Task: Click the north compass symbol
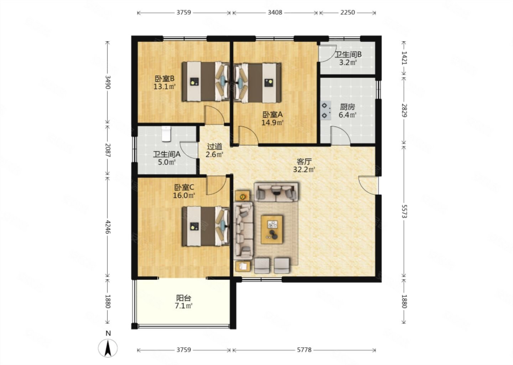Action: (x=108, y=345)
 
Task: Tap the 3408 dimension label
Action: (x=275, y=12)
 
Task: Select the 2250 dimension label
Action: (x=347, y=12)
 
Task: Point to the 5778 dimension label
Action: (x=304, y=350)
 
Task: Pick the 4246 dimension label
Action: (x=108, y=227)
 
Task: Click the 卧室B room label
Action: (x=165, y=79)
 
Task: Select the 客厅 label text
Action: (x=304, y=162)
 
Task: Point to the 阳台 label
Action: (x=183, y=298)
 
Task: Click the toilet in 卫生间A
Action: (x=166, y=134)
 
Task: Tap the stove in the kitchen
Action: (x=326, y=110)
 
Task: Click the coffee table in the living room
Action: (x=271, y=229)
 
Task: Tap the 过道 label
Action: (x=214, y=146)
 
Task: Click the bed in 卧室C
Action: (x=206, y=226)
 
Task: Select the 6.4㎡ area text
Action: (x=348, y=115)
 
